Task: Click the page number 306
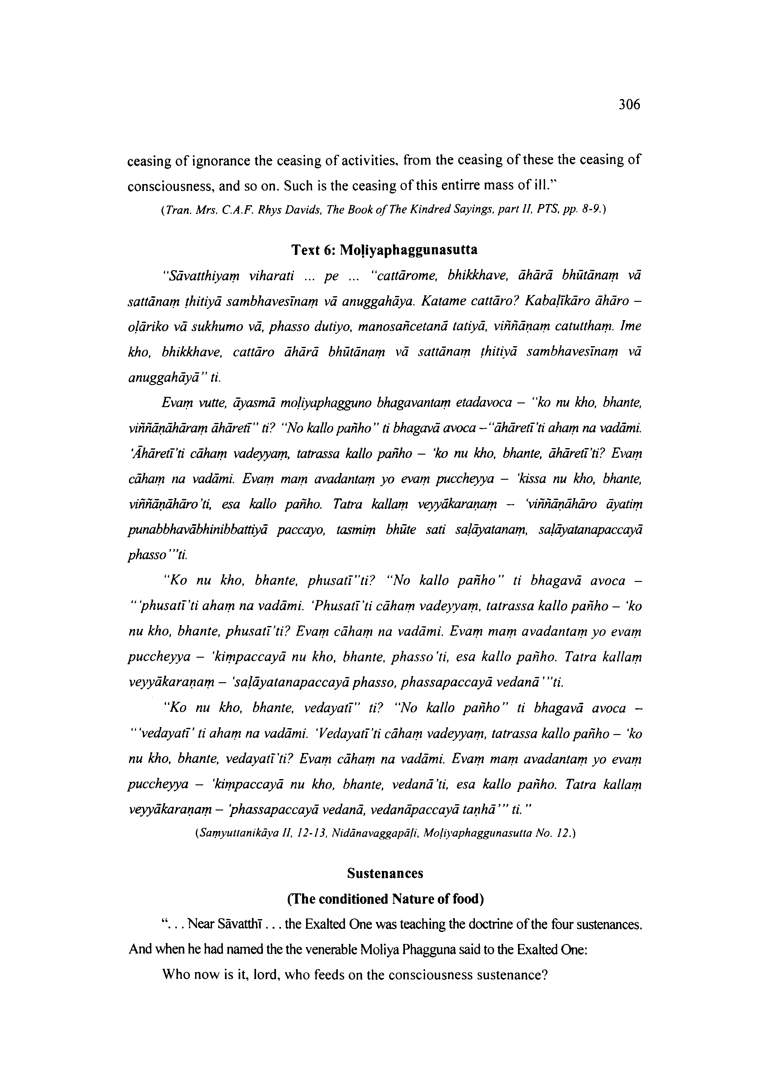(x=629, y=104)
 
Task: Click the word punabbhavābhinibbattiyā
(x=196, y=530)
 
